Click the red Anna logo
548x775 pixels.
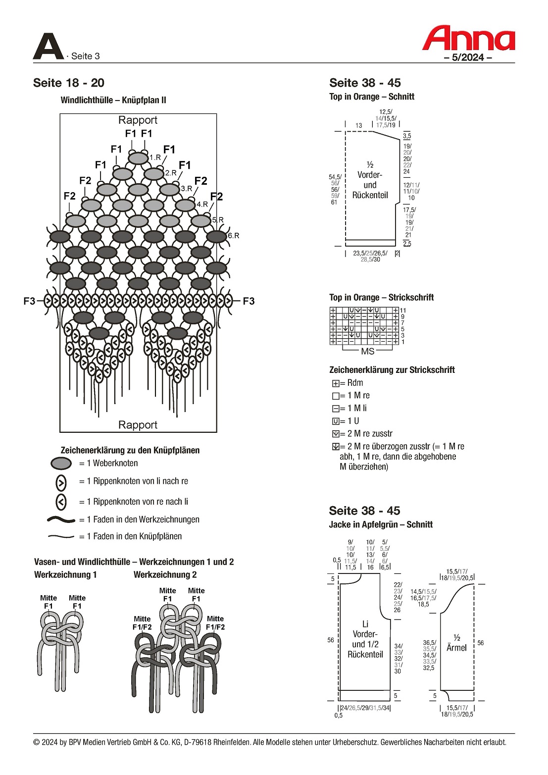pos(468,38)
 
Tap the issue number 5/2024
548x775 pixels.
pos(467,57)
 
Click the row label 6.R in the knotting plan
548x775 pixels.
pos(234,236)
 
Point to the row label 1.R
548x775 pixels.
pos(155,157)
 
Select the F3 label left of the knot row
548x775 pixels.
pos(29,301)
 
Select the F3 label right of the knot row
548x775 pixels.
pos(249,301)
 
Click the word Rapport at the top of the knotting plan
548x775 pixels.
pos(138,120)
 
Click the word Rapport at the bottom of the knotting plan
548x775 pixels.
pos(138,425)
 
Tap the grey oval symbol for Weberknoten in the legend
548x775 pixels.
pos(61,464)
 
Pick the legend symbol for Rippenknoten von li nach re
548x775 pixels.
pos(61,482)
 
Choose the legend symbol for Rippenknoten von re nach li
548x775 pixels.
pos(61,502)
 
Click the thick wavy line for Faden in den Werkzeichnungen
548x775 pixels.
pos(61,520)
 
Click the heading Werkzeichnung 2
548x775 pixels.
pos(165,575)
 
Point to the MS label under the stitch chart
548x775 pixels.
pos(368,351)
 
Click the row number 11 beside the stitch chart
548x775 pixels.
pos(403,310)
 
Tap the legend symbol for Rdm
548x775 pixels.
pos(336,383)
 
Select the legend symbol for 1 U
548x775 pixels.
pos(336,421)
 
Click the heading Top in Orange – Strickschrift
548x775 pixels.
pos(381,298)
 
